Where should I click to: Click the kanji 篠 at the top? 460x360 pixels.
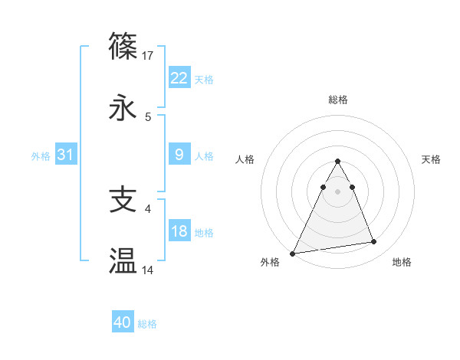click(123, 46)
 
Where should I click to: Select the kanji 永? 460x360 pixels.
click(123, 108)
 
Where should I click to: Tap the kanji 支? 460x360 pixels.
click(123, 199)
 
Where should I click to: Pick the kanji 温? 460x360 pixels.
click(123, 261)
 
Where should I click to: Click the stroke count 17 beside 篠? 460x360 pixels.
click(149, 55)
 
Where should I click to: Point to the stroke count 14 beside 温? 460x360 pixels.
click(149, 270)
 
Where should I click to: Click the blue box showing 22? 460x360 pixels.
click(179, 77)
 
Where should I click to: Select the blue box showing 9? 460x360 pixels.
click(179, 155)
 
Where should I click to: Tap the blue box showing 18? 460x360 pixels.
click(179, 231)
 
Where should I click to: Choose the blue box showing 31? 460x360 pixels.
click(66, 155)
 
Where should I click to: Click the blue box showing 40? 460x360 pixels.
click(123, 322)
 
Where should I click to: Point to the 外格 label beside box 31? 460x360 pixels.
click(41, 156)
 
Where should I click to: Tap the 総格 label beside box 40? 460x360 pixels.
click(147, 324)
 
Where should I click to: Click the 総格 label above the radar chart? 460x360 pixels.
click(338, 100)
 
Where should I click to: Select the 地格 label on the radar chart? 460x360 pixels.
click(402, 263)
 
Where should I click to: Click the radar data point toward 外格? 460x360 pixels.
click(293, 253)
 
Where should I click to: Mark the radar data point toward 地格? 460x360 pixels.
click(374, 242)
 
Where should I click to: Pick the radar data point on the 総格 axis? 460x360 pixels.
click(338, 162)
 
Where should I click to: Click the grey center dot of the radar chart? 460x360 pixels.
click(338, 191)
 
